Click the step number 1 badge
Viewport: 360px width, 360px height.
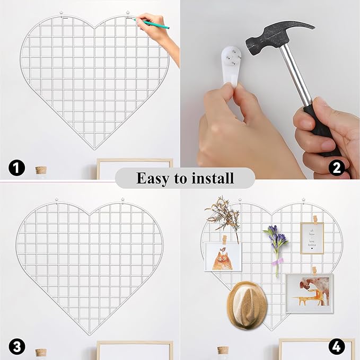(17, 168)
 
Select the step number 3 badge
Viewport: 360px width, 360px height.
(17, 347)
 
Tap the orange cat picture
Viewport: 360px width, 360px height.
(222, 257)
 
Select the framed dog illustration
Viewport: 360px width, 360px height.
(309, 291)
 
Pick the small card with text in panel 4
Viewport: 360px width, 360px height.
(312, 238)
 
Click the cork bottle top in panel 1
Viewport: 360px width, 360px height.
(41, 170)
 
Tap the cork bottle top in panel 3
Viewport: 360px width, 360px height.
(41, 352)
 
